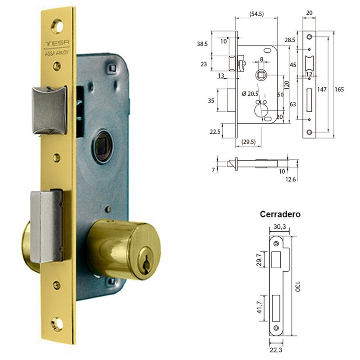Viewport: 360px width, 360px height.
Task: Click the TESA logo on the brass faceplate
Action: [57, 43]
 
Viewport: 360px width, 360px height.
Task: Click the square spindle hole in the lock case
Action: [102, 146]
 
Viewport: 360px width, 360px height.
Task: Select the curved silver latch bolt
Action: [49, 110]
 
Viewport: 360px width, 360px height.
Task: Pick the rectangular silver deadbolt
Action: [46, 226]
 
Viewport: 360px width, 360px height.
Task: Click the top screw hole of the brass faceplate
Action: [57, 27]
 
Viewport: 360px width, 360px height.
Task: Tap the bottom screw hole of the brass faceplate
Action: [57, 324]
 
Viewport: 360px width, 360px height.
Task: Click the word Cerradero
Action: [280, 214]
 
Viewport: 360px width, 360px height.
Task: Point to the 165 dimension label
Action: [339, 89]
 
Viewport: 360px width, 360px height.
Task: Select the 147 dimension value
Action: [322, 89]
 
